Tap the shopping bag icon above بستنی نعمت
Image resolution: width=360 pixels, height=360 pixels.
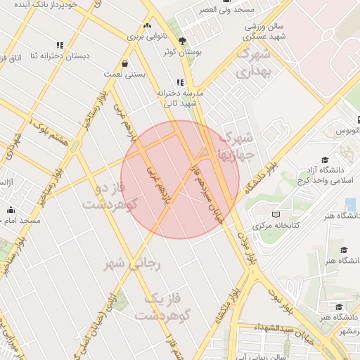(124, 63)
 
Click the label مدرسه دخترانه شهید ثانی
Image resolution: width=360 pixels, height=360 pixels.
(181, 98)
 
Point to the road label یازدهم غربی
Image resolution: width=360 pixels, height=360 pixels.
(157, 182)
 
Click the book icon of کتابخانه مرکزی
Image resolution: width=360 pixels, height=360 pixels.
(276, 214)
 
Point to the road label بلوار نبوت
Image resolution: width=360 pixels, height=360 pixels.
(280, 298)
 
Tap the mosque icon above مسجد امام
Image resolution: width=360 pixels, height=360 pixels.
(11, 210)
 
